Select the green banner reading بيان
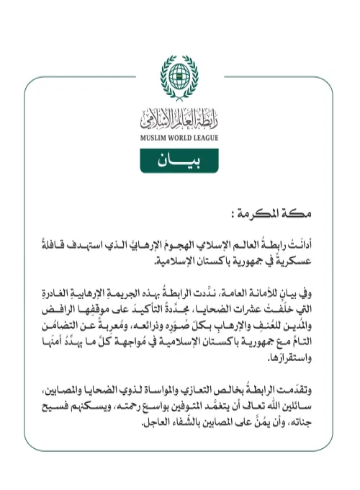(179, 160)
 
